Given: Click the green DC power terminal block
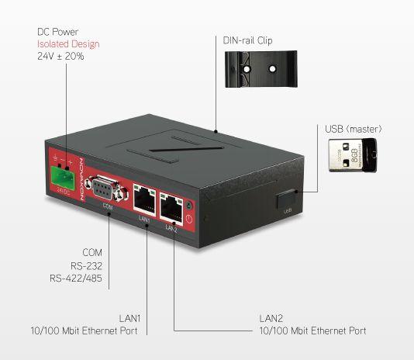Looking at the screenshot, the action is [64, 176].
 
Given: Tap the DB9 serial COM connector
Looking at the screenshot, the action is [107, 189].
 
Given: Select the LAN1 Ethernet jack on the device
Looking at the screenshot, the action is [144, 198].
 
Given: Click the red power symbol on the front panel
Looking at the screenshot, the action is [189, 219].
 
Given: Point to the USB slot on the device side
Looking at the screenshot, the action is [286, 199].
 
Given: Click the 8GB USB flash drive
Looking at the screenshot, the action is [353, 155].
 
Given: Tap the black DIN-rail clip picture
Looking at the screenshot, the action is [260, 69].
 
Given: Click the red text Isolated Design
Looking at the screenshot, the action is [68, 44].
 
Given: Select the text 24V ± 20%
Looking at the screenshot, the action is [60, 56].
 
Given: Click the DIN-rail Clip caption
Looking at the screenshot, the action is [247, 40].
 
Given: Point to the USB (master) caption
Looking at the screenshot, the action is [354, 129].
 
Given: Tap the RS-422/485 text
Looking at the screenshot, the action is [76, 279].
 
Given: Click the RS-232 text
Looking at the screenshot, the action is [86, 265].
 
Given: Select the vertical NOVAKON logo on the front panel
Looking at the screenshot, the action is [81, 180].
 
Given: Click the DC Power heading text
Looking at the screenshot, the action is [58, 32].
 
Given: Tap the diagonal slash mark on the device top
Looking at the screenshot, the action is [186, 149].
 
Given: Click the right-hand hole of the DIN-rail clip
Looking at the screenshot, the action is [272, 69].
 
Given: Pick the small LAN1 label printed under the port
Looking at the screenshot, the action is [144, 219].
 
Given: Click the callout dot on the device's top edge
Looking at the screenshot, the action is [216, 131].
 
